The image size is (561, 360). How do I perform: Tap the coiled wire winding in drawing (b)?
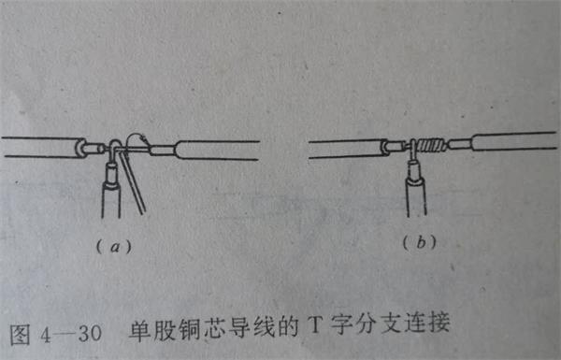click(429, 145)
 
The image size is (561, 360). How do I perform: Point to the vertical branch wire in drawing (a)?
click(112, 192)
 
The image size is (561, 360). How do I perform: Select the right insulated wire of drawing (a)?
click(215, 150)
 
